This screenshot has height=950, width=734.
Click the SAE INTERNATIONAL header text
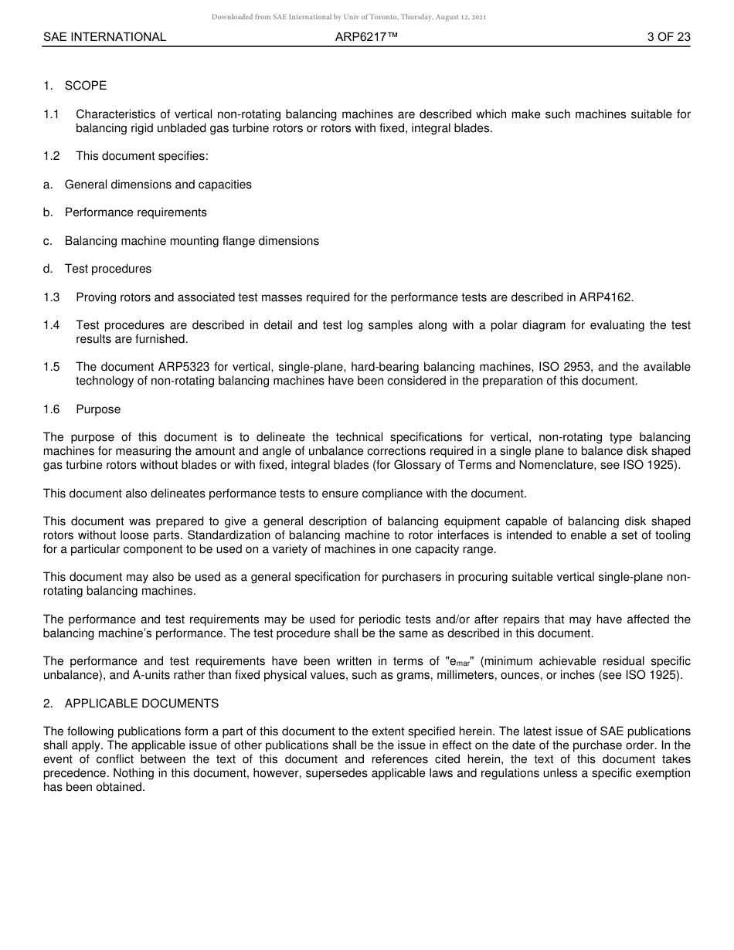pyautogui.click(x=104, y=37)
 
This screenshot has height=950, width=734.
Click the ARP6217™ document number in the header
pyautogui.click(x=366, y=37)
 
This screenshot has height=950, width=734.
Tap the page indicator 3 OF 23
pyautogui.click(x=668, y=37)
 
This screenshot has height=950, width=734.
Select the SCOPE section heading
pyautogui.click(x=85, y=86)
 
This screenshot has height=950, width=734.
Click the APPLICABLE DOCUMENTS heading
pyautogui.click(x=141, y=704)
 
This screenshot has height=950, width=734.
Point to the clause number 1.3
pyautogui.click(x=51, y=297)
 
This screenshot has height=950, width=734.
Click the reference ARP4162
pyautogui.click(x=606, y=297)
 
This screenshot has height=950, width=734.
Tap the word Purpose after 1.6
pyautogui.click(x=98, y=409)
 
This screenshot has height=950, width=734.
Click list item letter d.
pyautogui.click(x=48, y=269)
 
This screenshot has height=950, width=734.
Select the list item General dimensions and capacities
pyautogui.click(x=158, y=185)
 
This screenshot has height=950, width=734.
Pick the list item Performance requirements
pyautogui.click(x=135, y=212)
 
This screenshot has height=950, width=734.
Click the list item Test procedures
pyautogui.click(x=107, y=269)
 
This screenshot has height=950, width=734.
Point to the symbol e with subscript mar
pyautogui.click(x=459, y=662)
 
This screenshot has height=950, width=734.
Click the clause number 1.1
pyautogui.click(x=51, y=114)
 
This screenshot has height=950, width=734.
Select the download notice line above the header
pyautogui.click(x=348, y=17)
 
